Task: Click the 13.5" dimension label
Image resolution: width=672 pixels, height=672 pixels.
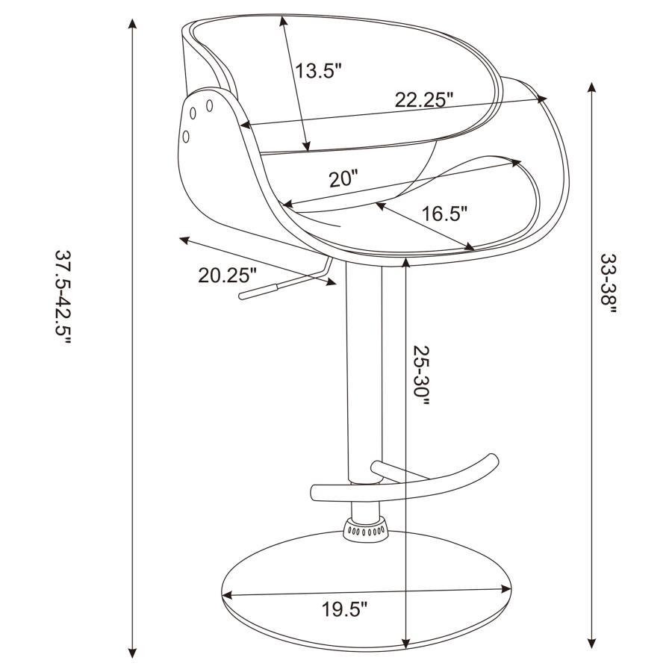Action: click(x=317, y=72)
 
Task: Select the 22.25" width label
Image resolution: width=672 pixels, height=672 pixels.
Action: click(x=424, y=100)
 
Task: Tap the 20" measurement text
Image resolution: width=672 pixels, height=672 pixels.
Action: click(x=343, y=178)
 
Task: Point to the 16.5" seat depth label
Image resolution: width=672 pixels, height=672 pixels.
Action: click(x=444, y=214)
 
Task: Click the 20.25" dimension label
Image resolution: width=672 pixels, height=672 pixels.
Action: click(x=227, y=276)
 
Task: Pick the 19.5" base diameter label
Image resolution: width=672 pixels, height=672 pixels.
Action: click(x=345, y=610)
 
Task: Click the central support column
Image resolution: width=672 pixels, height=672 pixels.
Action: click(x=364, y=373)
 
